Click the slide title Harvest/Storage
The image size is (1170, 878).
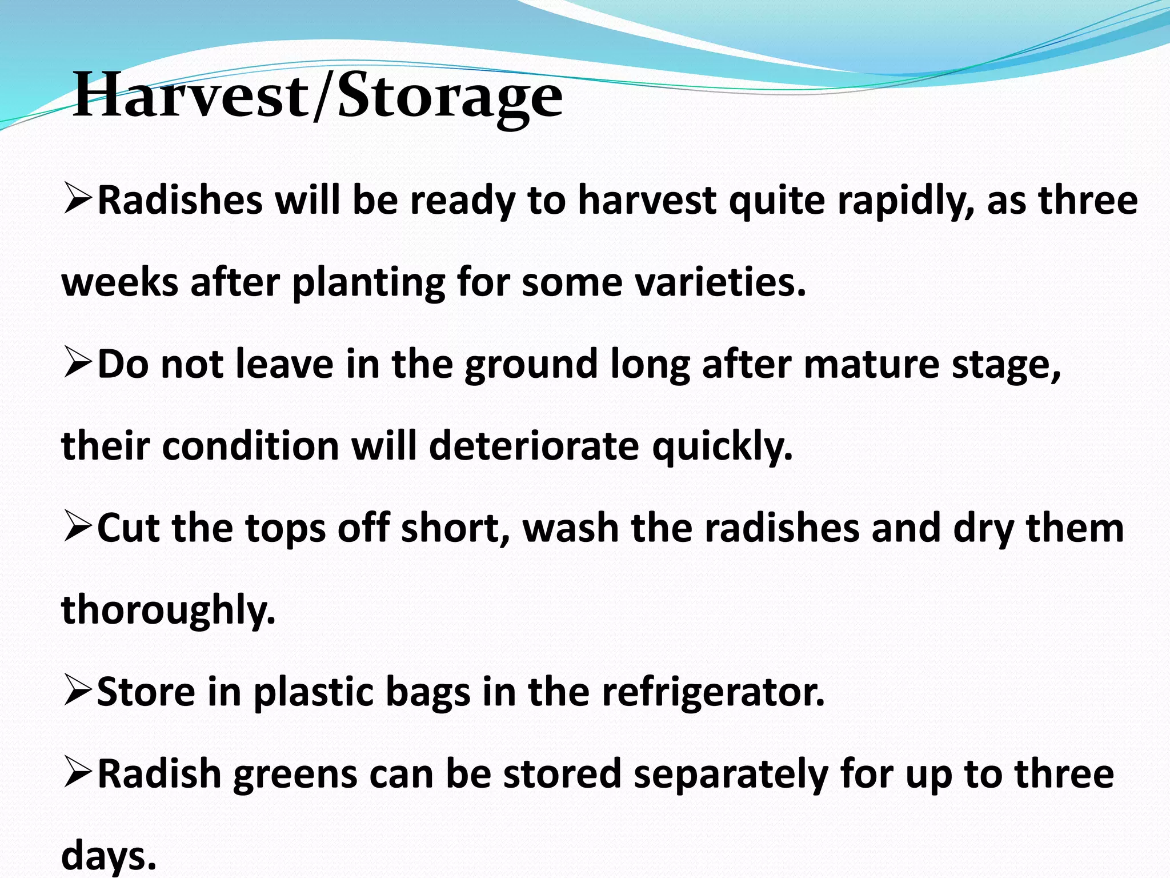(x=318, y=96)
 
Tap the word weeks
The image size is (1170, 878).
(x=119, y=282)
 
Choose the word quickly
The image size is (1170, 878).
(x=723, y=447)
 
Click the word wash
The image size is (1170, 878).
(x=571, y=528)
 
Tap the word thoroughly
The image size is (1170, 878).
(x=169, y=610)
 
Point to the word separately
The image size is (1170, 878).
(x=731, y=775)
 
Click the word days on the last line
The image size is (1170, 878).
(x=109, y=856)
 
